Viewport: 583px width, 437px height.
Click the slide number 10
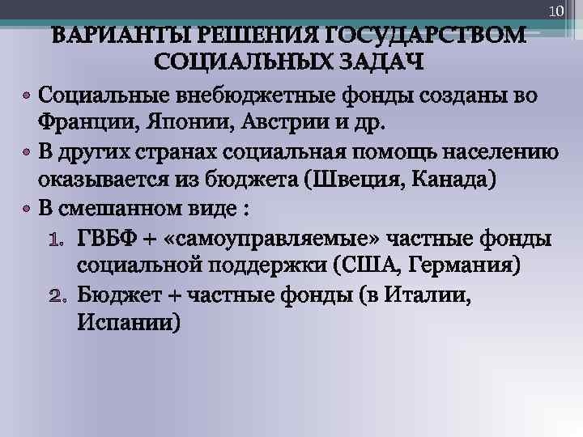[x=555, y=11]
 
